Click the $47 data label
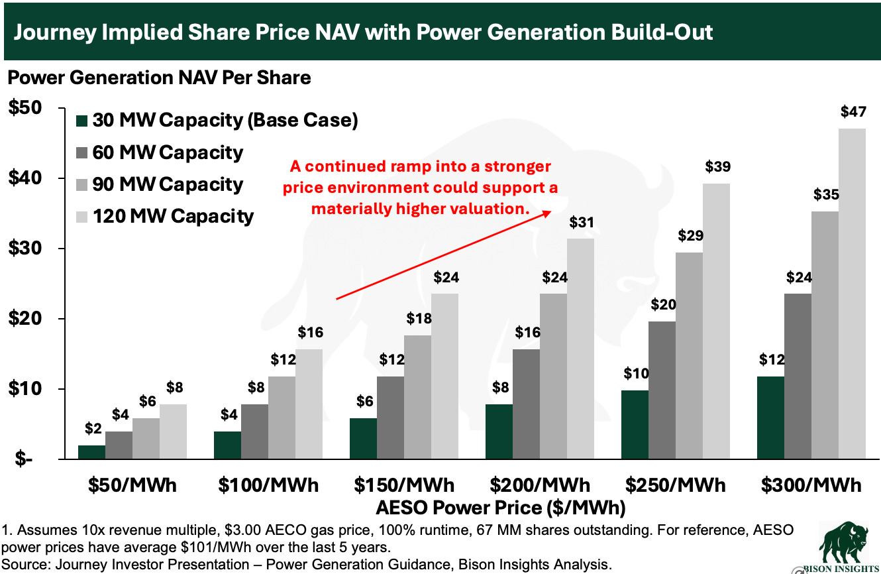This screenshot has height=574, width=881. click(853, 112)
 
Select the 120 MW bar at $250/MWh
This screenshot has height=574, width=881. click(716, 321)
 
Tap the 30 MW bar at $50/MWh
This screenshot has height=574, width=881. click(91, 452)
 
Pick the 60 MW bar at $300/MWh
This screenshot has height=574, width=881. click(798, 376)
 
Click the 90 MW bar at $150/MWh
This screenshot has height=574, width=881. click(417, 397)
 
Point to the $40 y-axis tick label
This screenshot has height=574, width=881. click(25, 178)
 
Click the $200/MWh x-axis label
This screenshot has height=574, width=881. click(540, 485)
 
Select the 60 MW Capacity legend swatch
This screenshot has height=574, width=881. click(81, 152)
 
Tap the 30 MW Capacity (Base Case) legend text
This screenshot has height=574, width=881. click(225, 120)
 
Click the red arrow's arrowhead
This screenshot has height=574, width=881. click(546, 213)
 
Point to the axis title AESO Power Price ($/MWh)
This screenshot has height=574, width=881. click(501, 508)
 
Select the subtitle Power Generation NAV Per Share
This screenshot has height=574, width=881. click(159, 78)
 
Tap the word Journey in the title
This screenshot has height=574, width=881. click(55, 32)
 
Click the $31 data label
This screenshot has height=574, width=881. click(582, 222)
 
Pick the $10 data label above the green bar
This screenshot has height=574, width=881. click(636, 373)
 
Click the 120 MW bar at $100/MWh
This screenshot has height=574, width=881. click(309, 404)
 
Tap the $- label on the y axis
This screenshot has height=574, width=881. click(24, 459)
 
